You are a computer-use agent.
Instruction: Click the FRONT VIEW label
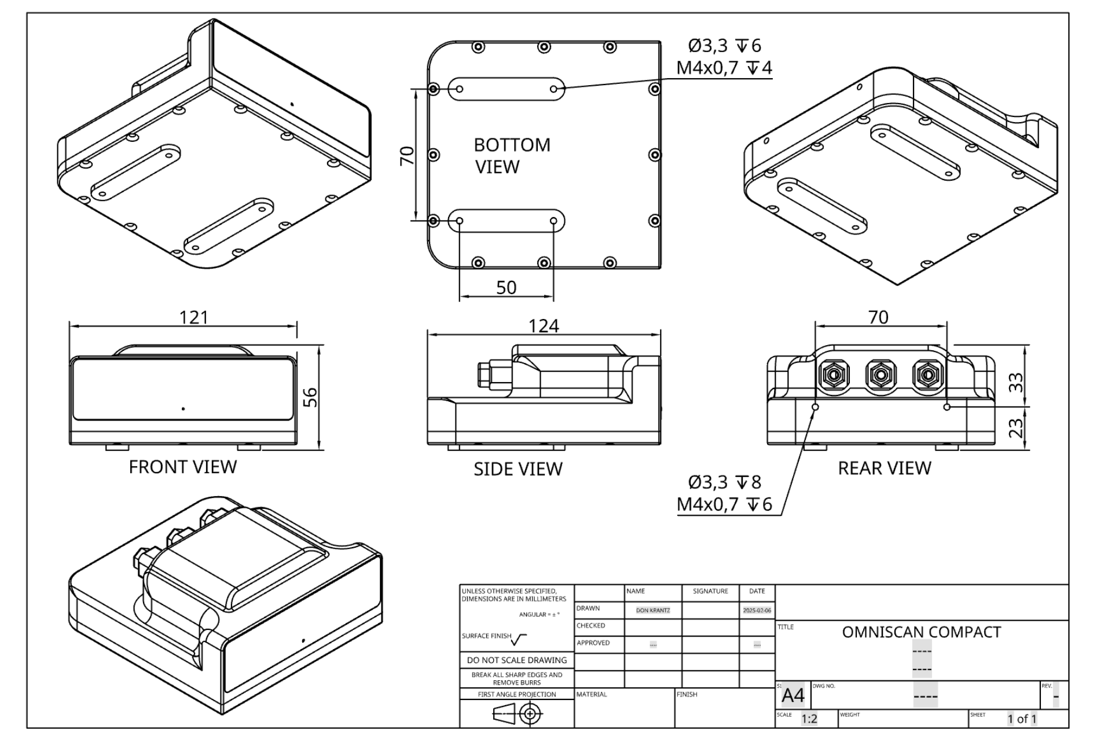pos(182,467)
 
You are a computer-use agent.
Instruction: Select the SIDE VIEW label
pos(518,468)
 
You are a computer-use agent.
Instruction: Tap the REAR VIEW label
pos(884,468)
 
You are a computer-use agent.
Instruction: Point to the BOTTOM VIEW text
pos(512,156)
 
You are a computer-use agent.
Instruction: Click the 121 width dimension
pos(193,317)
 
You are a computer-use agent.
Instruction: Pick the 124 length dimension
pos(544,326)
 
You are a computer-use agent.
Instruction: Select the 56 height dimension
pos(311,397)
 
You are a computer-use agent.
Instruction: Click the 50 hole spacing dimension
pos(507,288)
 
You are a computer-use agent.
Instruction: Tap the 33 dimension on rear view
pos(1016,383)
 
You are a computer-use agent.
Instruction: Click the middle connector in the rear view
pos(880,376)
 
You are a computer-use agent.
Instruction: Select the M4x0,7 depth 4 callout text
pos(724,68)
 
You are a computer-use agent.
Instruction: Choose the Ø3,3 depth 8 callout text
pos(724,482)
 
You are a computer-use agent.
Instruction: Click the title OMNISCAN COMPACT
pos(921,632)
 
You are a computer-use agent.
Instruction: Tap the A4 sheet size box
pos(793,695)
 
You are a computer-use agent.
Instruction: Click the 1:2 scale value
pos(809,719)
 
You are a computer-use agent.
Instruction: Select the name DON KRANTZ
pos(652,610)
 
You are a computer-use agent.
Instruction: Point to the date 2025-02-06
pos(757,610)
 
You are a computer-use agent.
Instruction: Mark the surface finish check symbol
pos(519,639)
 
